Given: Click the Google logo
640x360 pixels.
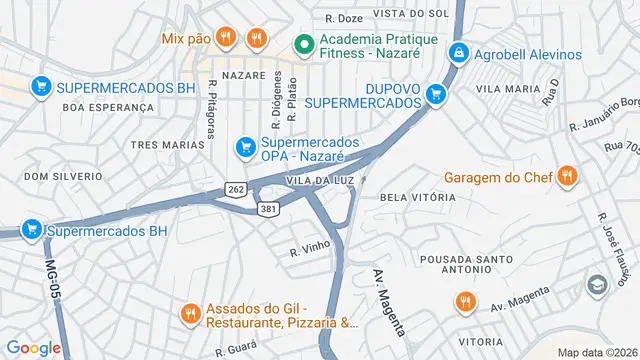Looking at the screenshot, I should [33, 347].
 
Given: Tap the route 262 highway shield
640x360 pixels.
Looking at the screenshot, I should [236, 189].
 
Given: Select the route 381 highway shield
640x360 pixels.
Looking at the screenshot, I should [267, 209].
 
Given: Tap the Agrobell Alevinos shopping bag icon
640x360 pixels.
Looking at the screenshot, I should [458, 51].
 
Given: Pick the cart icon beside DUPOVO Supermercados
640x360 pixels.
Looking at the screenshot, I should [435, 95].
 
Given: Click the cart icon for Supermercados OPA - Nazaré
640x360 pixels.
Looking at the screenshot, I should [245, 148].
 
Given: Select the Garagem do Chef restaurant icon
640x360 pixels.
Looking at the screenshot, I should [567, 178].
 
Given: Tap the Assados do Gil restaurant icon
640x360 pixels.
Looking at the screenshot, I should [190, 314].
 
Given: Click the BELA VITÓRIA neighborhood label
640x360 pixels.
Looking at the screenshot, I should [418, 198].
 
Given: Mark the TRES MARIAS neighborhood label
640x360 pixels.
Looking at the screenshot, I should [167, 145].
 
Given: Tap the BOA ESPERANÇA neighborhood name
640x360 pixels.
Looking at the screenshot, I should [108, 106].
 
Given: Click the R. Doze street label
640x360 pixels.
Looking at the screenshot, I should [344, 18].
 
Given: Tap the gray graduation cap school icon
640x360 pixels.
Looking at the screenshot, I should [598, 285].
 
